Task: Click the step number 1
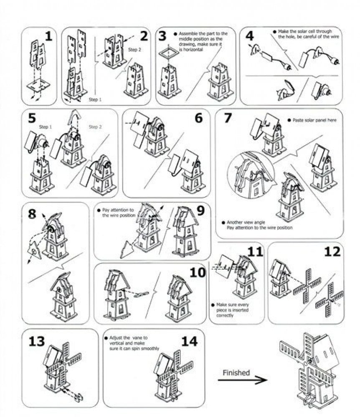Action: [48, 37]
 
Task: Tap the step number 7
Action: [227, 118]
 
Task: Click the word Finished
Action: [236, 372]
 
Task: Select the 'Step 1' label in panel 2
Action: [95, 100]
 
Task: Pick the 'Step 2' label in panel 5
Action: [95, 126]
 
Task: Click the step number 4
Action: [249, 36]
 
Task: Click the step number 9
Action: [200, 211]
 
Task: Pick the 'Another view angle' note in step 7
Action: [258, 225]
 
